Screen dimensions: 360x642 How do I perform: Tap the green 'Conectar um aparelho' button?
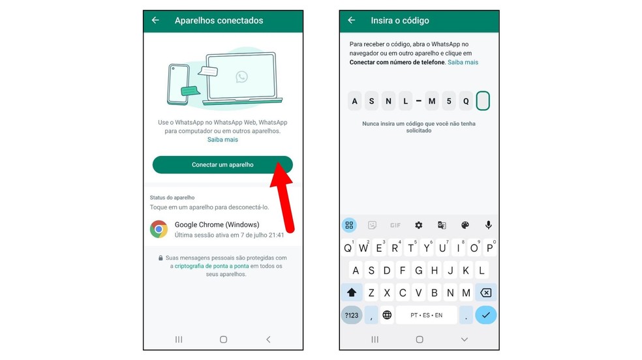point(222,165)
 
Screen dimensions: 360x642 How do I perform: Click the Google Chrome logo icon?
point(159,229)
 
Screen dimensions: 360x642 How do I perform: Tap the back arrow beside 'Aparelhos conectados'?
point(155,20)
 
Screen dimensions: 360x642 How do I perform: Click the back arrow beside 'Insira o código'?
point(352,20)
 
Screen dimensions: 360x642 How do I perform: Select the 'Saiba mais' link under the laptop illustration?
point(222,140)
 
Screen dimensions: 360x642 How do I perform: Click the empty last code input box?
point(483,101)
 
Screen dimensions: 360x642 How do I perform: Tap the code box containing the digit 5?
point(448,101)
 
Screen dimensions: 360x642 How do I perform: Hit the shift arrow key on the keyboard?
point(352,292)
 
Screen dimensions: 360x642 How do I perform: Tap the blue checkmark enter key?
point(485,315)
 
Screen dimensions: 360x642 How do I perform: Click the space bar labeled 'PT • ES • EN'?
point(425,315)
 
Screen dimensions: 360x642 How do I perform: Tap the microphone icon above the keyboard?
point(488,225)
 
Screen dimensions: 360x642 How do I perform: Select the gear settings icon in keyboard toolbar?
point(418,225)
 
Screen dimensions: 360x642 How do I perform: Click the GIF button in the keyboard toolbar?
point(395,225)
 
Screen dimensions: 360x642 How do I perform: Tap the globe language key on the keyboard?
point(387,315)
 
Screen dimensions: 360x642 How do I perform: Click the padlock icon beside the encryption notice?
point(160,258)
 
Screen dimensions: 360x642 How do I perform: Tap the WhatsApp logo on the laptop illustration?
point(242,77)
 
